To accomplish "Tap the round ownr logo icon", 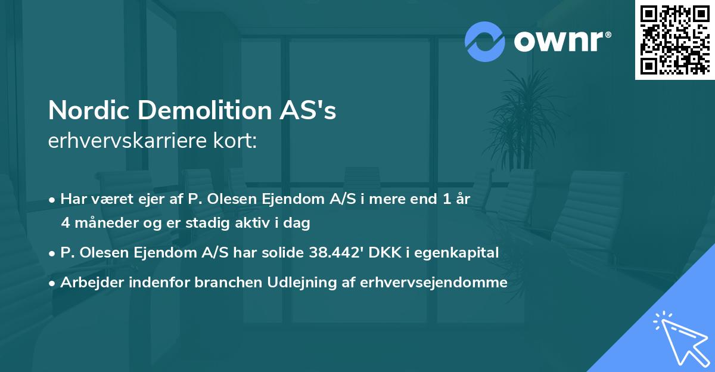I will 485,42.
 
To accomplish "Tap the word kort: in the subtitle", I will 237,141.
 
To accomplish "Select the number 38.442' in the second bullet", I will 337,253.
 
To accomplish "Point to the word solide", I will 282,253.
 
